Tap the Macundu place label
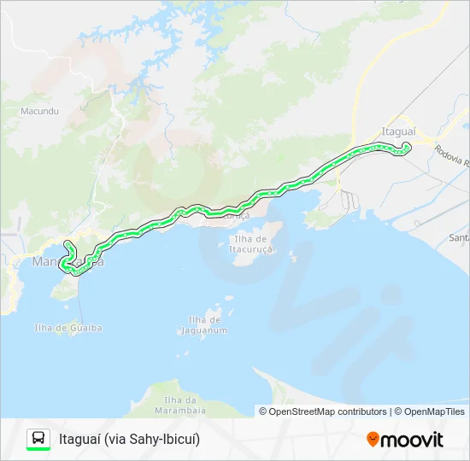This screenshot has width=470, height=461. tap(38, 111)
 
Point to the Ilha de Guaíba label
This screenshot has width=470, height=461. tap(68, 328)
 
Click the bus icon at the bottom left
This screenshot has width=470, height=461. tap(38, 437)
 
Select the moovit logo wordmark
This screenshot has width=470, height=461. tap(413, 440)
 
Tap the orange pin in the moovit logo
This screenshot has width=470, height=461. tap(373, 440)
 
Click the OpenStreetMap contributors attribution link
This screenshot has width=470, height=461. tap(328, 411)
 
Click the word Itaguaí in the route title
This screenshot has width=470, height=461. tap(79, 440)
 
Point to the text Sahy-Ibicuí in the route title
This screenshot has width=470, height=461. tap(168, 440)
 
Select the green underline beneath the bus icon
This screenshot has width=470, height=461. tap(38, 449)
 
